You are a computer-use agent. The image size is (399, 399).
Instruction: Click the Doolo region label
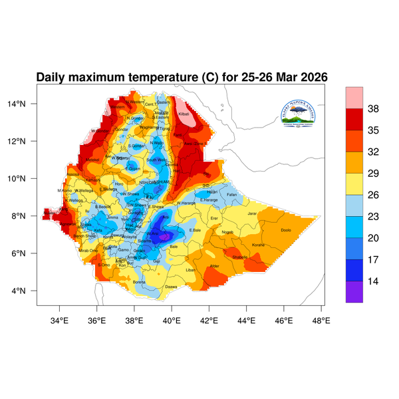click(286, 230)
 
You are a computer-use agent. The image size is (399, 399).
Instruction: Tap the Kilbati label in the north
click(184, 114)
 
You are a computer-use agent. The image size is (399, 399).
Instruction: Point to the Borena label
click(139, 282)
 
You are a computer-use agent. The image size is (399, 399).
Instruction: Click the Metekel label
click(92, 160)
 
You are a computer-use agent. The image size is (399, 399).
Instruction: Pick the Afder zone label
click(214, 266)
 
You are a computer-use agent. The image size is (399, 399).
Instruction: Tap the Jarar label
click(251, 213)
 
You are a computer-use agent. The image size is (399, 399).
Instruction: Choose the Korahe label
click(258, 245)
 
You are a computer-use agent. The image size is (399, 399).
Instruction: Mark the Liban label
click(190, 270)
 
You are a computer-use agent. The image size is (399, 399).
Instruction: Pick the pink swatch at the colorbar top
click(354, 96)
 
